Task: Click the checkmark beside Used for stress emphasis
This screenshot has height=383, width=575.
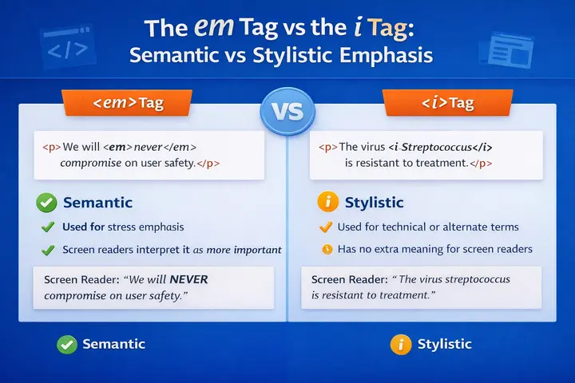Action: [x=48, y=227]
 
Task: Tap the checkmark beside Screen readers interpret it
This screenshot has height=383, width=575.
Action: [x=48, y=250]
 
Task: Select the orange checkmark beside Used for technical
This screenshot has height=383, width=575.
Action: [x=325, y=227]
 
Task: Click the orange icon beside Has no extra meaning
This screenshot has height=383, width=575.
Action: [x=326, y=250]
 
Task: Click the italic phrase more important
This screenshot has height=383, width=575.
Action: [x=244, y=250]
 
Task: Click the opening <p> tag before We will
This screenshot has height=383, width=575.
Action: [x=49, y=148]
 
